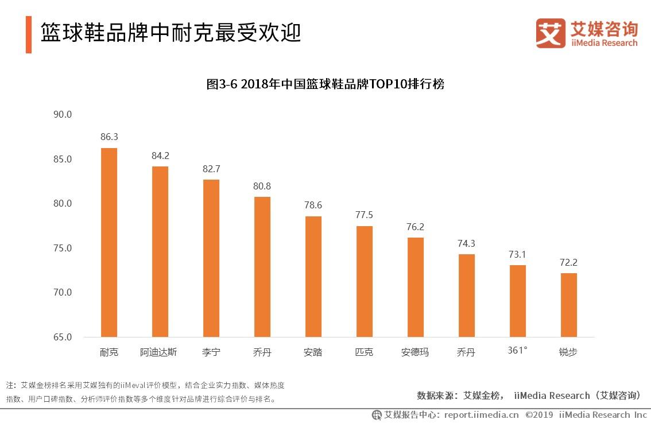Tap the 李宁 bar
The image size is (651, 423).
point(211,258)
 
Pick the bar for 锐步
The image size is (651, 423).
point(568,305)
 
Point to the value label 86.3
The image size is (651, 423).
point(109,137)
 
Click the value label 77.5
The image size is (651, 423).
point(364,215)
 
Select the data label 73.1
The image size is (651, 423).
point(517,254)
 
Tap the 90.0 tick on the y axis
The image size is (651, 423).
point(62,114)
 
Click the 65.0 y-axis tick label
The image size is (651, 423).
point(62,337)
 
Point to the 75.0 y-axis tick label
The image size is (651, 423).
point(62,248)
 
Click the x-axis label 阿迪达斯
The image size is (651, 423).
point(158,352)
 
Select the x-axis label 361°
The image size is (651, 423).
point(517,351)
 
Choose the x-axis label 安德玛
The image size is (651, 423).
point(415,352)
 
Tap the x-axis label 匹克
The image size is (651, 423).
point(364,352)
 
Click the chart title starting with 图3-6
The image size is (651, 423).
point(325,84)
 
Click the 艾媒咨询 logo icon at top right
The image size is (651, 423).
point(551,33)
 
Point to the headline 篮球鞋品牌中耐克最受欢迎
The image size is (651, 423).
point(170,33)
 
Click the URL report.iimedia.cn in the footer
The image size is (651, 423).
point(481,414)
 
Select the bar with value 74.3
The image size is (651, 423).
point(466,296)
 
